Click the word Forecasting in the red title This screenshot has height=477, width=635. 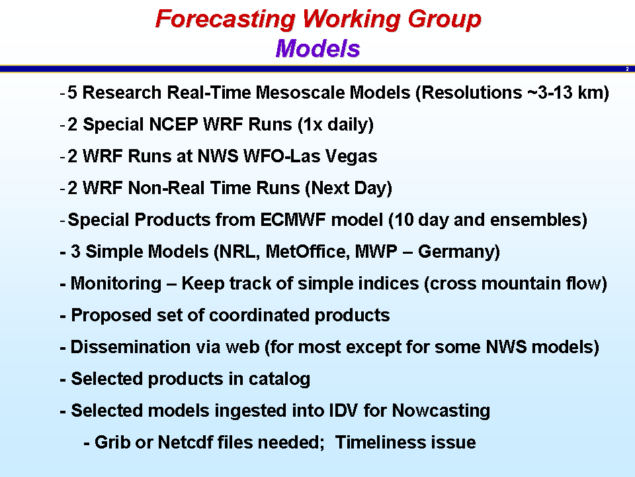click(226, 19)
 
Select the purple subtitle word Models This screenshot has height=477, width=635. click(318, 48)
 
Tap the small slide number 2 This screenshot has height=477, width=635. click(627, 69)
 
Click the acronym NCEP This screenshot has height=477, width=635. click(173, 124)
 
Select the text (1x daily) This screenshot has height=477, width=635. click(336, 125)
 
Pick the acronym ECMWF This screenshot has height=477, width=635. click(293, 220)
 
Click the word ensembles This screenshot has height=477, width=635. click(538, 220)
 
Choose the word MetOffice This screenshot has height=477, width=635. click(308, 252)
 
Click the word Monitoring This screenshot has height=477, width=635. click(116, 284)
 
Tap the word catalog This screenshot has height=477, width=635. click(279, 379)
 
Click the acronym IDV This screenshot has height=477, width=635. click(343, 411)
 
